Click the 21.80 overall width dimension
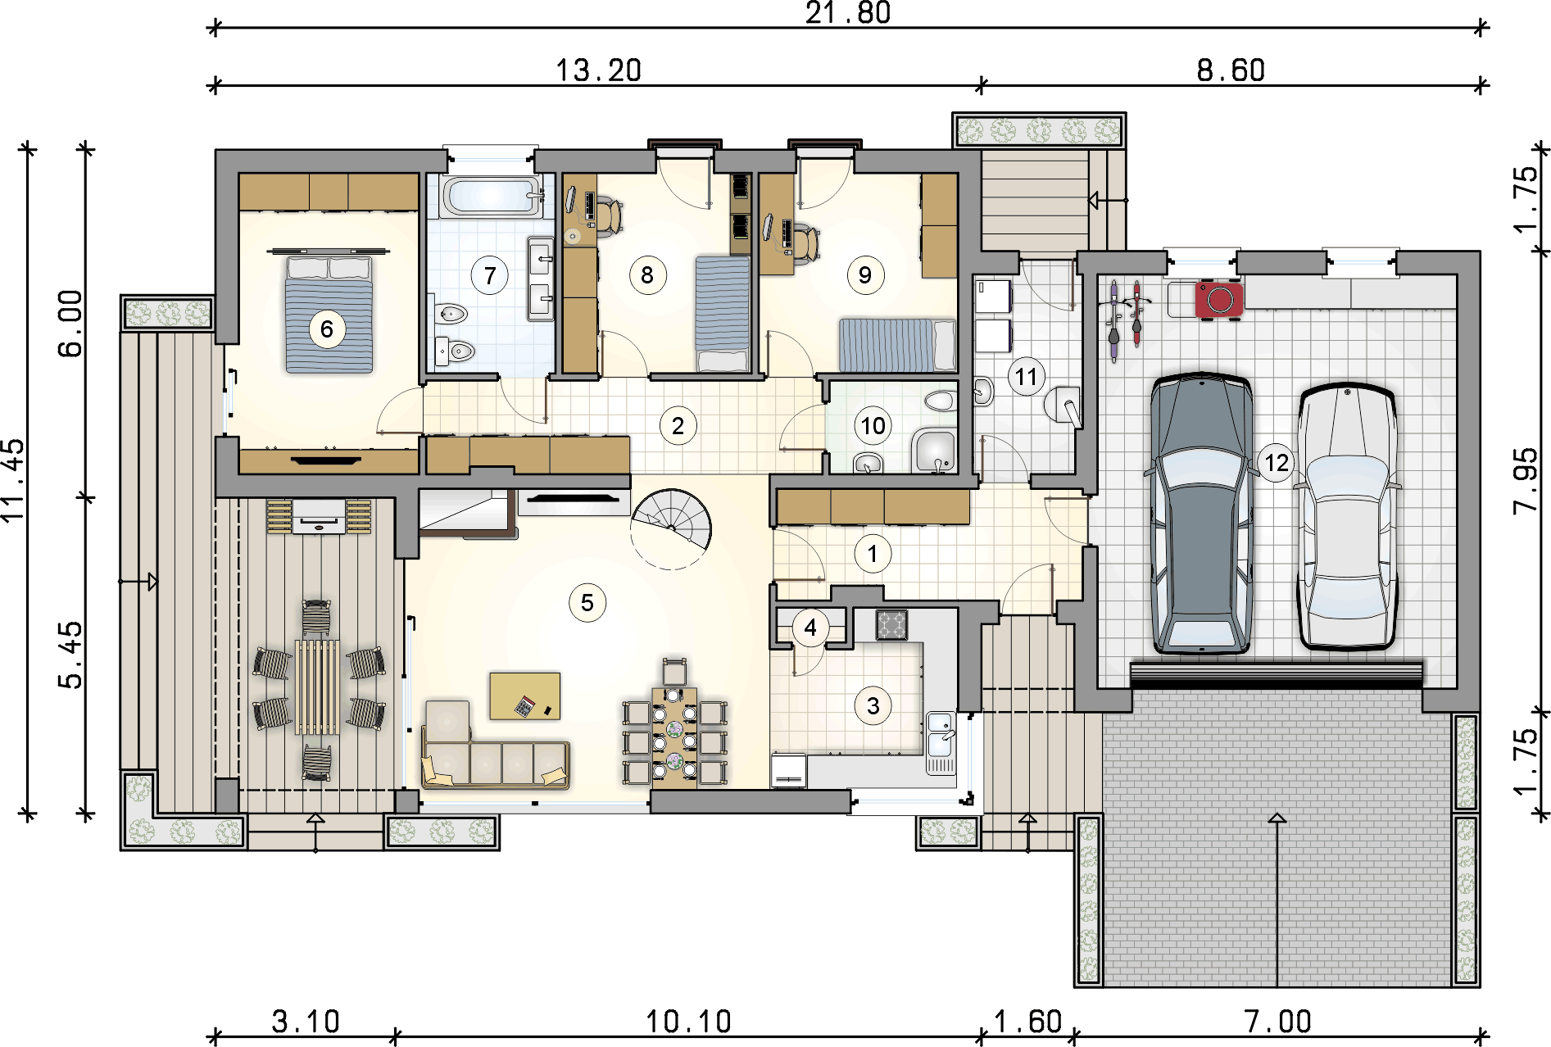pyautogui.click(x=848, y=13)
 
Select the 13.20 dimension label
pyautogui.click(x=599, y=70)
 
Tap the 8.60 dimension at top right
pyautogui.click(x=1231, y=70)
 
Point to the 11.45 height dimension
pyautogui.click(x=14, y=481)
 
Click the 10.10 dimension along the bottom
pyautogui.click(x=688, y=1022)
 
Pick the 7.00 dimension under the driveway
pyautogui.click(x=1277, y=1022)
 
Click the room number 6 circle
pyautogui.click(x=327, y=329)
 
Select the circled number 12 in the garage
pyautogui.click(x=1277, y=464)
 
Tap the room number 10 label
pyautogui.click(x=873, y=426)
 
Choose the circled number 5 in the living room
pyautogui.click(x=587, y=603)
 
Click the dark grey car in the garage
pyautogui.click(x=1202, y=514)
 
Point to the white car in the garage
pyautogui.click(x=1347, y=517)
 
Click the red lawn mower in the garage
pyautogui.click(x=1220, y=300)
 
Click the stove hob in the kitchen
pyautogui.click(x=891, y=624)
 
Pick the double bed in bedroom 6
pyautogui.click(x=329, y=314)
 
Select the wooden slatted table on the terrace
pyautogui.click(x=317, y=687)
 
